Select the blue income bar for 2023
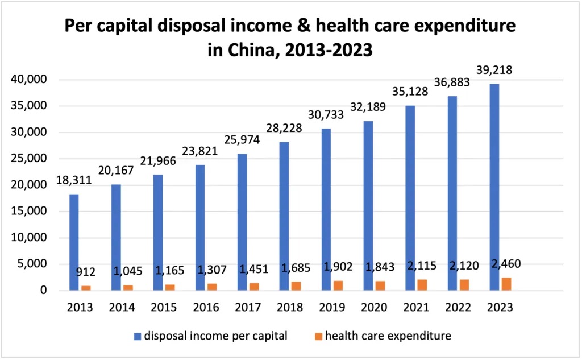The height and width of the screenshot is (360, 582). click(494, 188)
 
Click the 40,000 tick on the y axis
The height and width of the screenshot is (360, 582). click(30, 80)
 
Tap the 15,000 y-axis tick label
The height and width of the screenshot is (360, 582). click(30, 212)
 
